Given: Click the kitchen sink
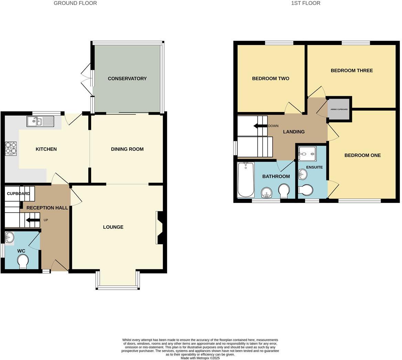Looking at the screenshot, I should [40, 121].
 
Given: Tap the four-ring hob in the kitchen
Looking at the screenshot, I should [11, 149].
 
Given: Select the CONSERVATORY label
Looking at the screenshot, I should [127, 79].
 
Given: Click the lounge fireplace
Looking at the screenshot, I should [160, 227].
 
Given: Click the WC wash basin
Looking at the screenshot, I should [10, 237].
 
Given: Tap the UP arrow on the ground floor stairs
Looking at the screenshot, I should [33, 220].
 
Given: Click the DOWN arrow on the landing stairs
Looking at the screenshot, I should [260, 126].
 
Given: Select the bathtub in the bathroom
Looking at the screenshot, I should [246, 180].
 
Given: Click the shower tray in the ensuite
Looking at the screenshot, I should [307, 154].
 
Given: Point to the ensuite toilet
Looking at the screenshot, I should [305, 190].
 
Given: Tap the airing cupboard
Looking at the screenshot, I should [339, 109].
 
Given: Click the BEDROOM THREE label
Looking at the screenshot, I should [351, 70].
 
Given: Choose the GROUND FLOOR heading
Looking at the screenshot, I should [75, 3].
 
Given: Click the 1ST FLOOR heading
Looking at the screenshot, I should [305, 3].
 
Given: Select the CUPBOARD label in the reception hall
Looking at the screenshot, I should [18, 194].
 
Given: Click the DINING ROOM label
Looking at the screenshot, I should [127, 149].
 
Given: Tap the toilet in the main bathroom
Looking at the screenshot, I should [284, 191].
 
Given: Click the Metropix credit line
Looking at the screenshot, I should [200, 358].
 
